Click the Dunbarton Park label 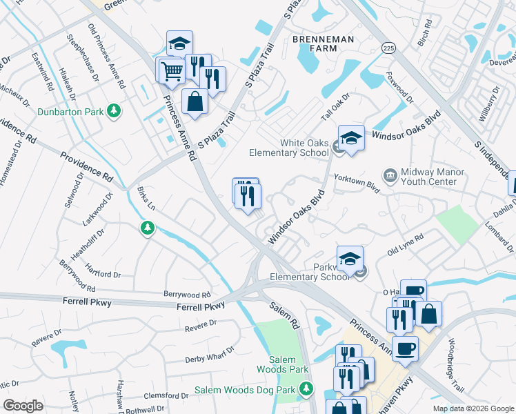pos(70,110)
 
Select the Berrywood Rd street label pos(186,294)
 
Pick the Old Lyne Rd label pos(406,245)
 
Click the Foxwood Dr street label pos(399,88)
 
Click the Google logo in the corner pos(23,405)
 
